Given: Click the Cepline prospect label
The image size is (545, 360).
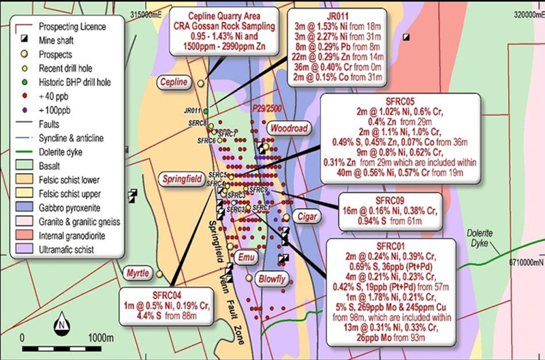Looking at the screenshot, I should click(x=172, y=82).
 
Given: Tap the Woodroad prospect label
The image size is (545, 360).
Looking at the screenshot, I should click(x=290, y=128).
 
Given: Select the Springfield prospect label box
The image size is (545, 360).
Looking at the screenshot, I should click(x=181, y=179).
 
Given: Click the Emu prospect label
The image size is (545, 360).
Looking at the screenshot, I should click(x=246, y=256).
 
